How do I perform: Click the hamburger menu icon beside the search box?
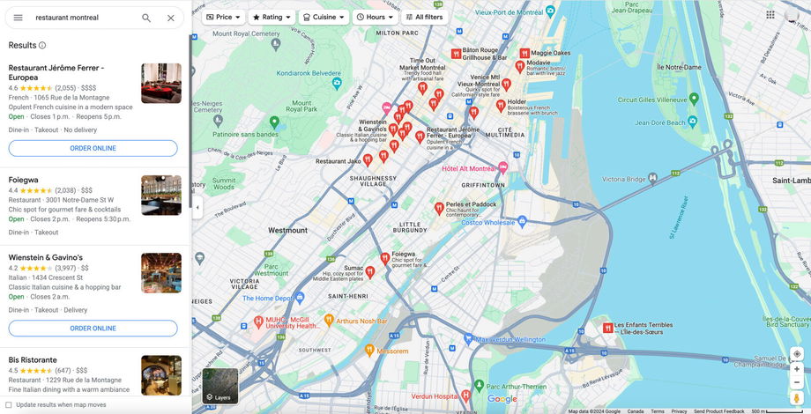point(18,18)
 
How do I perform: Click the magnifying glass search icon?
point(146,18)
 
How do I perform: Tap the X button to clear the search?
point(171,18)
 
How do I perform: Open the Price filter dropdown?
point(223,17)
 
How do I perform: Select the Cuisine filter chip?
point(324,17)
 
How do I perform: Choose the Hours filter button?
point(375,17)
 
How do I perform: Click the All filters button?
point(424,17)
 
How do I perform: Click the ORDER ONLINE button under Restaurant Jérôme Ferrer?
point(93,148)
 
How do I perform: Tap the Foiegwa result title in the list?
point(24,180)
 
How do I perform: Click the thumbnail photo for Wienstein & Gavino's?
point(161,273)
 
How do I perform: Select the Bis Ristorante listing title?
point(33,359)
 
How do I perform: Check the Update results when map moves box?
point(8,405)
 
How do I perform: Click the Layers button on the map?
point(219,386)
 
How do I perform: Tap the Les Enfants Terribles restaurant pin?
point(607,328)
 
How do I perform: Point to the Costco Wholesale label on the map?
point(487,223)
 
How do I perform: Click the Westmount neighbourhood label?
point(287,230)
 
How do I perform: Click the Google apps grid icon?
point(770,15)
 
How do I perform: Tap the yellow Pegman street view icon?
point(796,398)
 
